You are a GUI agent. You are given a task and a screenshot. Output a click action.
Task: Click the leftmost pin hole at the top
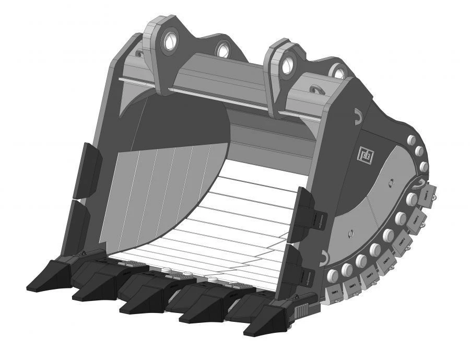click(170, 42)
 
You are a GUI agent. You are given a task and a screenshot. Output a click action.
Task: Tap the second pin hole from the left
click(223, 50)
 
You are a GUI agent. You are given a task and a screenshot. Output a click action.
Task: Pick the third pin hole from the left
click(286, 65)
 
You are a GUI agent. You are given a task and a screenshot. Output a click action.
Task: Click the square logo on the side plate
click(364, 154)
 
